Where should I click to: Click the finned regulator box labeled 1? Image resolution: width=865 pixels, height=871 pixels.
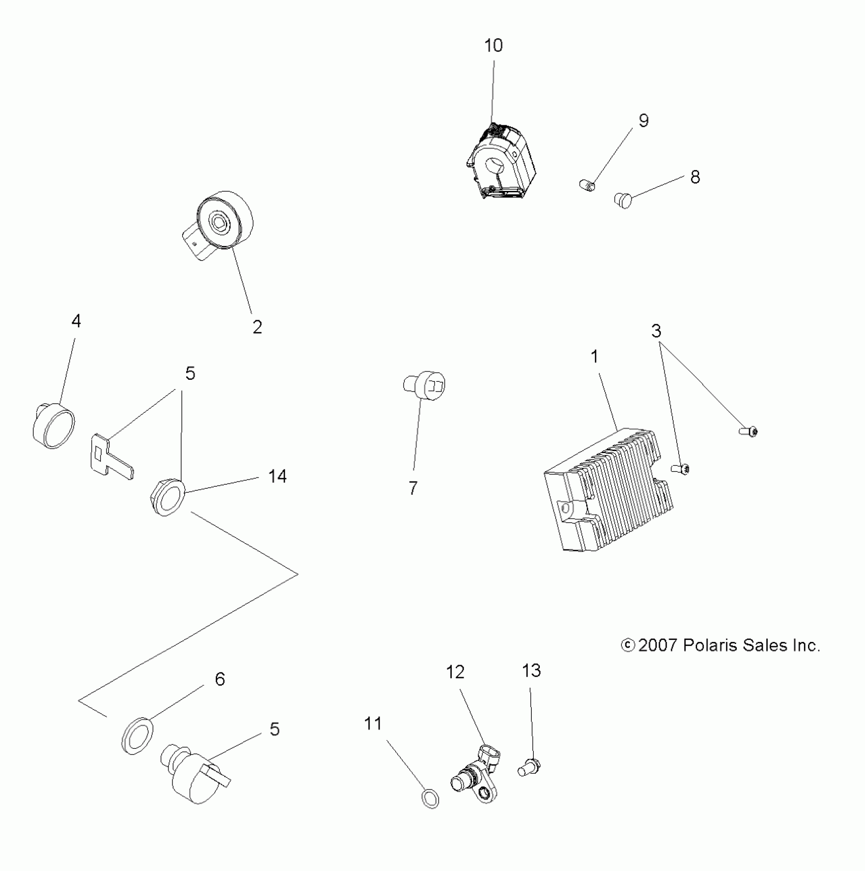click(608, 491)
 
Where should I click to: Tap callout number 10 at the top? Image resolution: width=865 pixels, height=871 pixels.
click(493, 46)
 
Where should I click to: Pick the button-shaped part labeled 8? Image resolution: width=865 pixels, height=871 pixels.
click(623, 200)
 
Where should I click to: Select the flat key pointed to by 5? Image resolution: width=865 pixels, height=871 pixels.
click(111, 456)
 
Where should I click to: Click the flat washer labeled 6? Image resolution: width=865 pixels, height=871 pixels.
click(138, 735)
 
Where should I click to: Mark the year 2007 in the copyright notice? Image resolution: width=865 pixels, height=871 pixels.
click(657, 645)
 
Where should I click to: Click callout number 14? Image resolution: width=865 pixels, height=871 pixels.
click(277, 476)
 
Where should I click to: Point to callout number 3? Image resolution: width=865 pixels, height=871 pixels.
click(656, 331)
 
